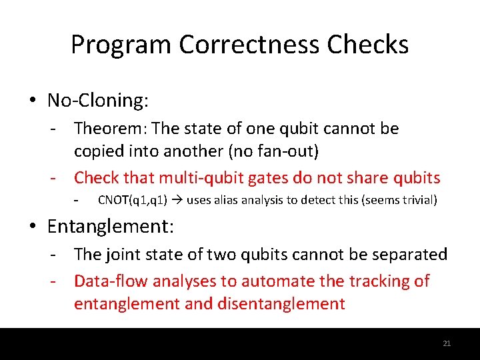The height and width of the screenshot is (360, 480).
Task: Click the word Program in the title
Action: coord(121,45)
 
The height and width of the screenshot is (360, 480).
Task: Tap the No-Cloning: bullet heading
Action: coord(98,101)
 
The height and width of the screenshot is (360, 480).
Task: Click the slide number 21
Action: coord(447,343)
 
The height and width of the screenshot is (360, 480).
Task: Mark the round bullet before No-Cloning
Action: coord(33,101)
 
